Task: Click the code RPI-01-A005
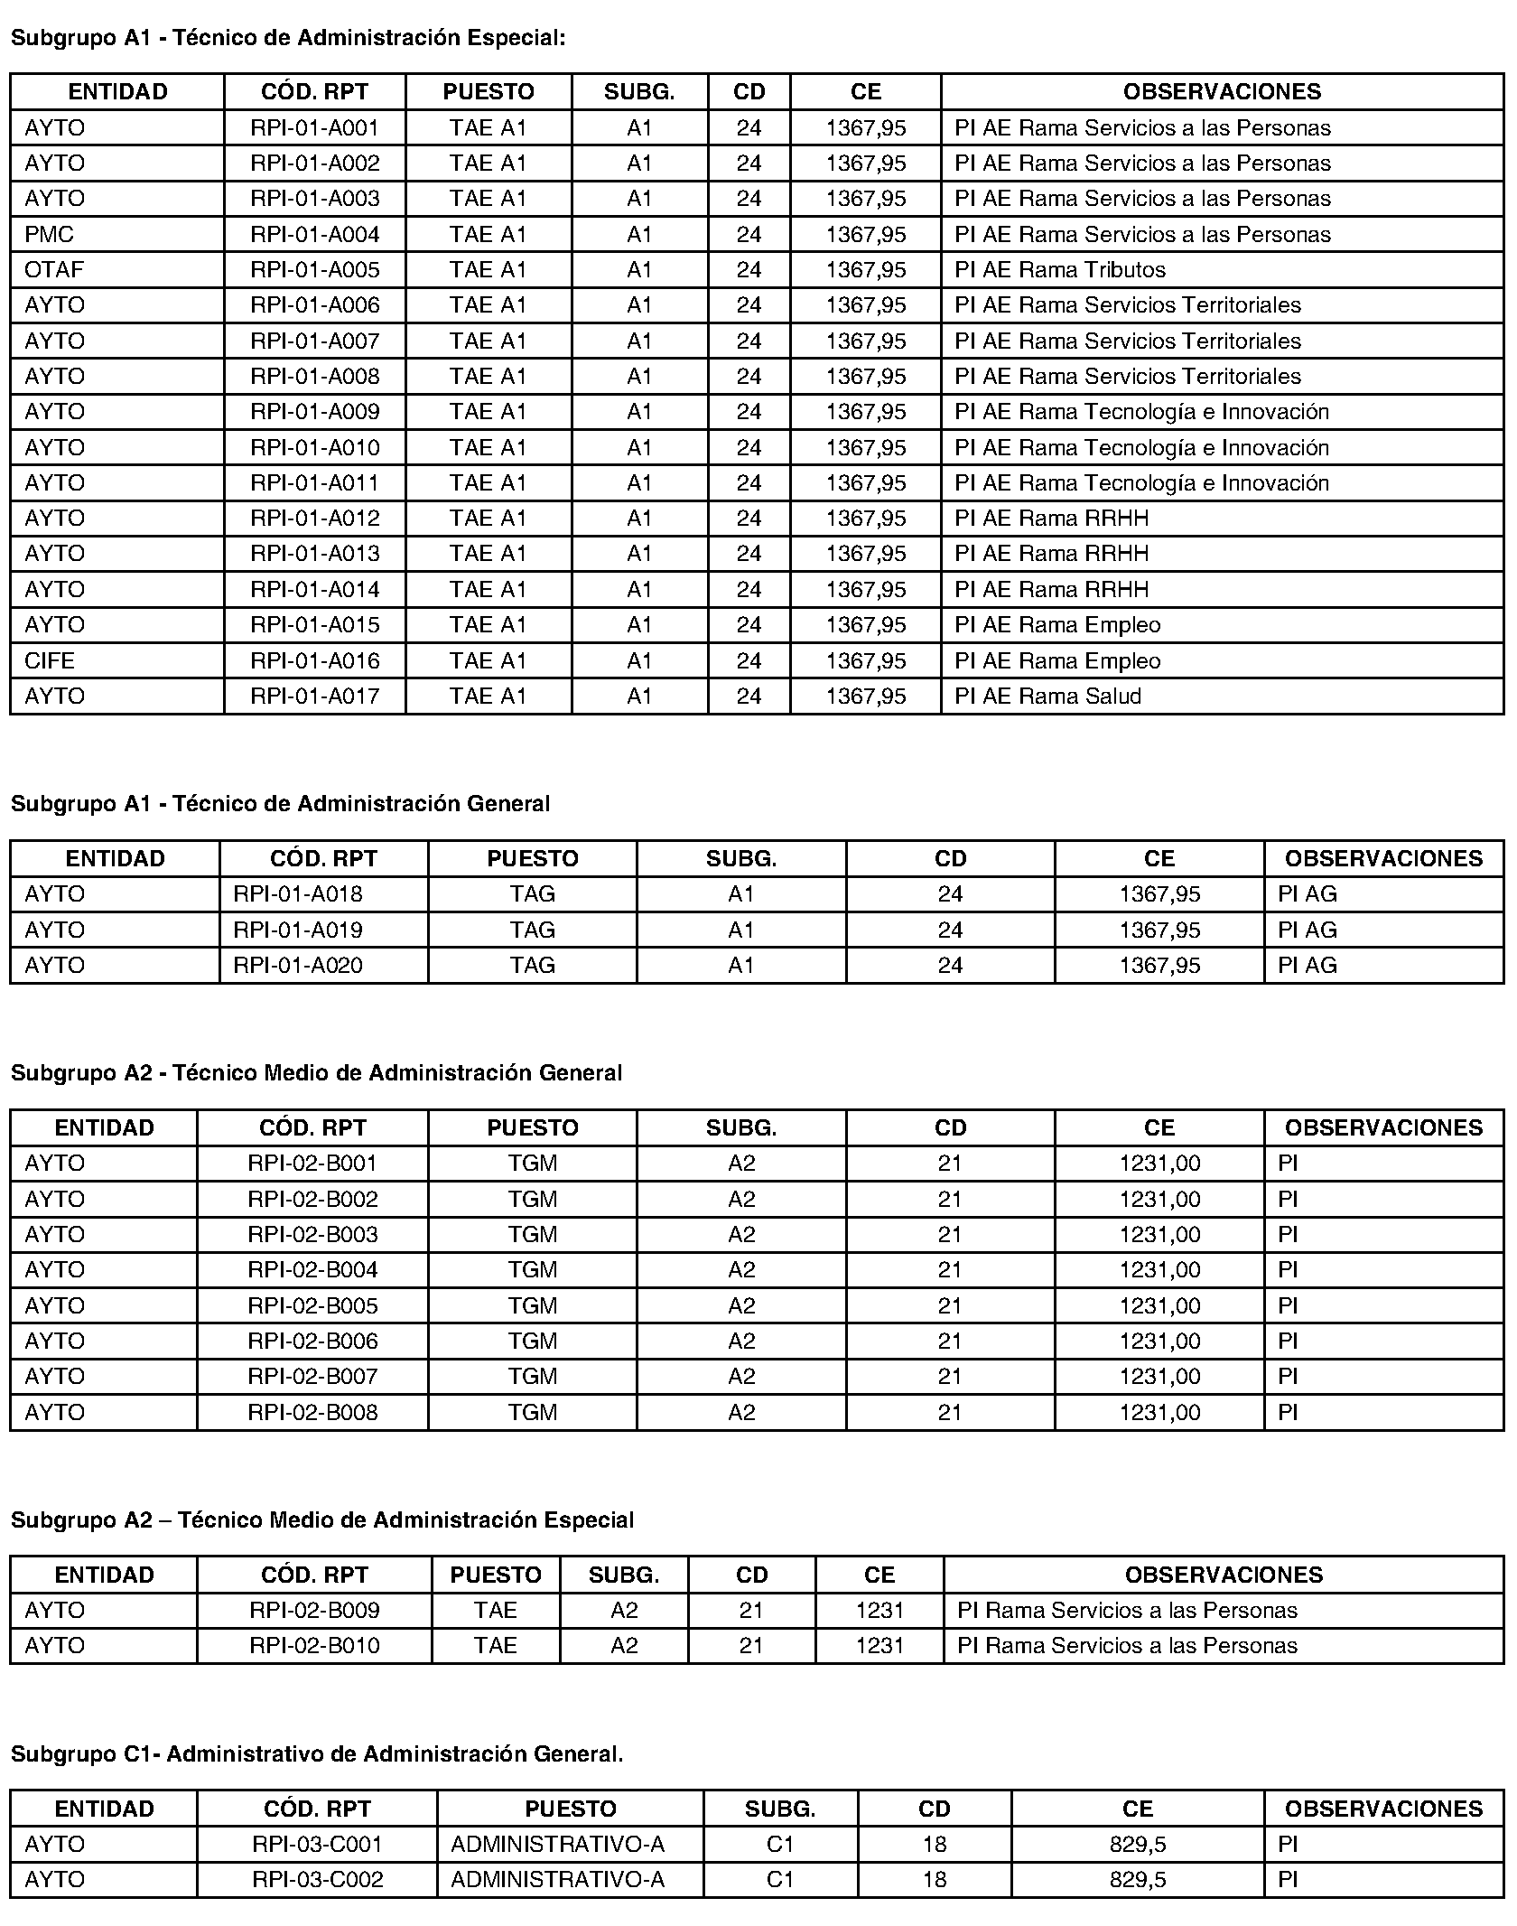coord(314,270)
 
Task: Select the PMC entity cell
coord(50,235)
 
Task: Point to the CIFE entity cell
coord(50,660)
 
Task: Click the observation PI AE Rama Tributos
coord(1060,270)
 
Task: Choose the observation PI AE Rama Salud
coord(1047,697)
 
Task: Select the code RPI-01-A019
coord(298,930)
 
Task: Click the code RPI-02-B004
coord(312,1270)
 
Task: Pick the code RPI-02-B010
coord(314,1645)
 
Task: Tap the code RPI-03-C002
coord(318,1879)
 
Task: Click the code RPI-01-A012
coord(314,519)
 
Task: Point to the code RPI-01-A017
coord(314,697)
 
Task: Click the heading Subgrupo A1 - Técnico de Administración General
coord(280,803)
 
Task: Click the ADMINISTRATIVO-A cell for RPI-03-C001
coord(557,1844)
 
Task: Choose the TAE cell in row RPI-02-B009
coord(496,1610)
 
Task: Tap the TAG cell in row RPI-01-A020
coord(532,966)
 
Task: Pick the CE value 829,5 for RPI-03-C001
coord(1138,1844)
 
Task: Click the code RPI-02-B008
coord(312,1412)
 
